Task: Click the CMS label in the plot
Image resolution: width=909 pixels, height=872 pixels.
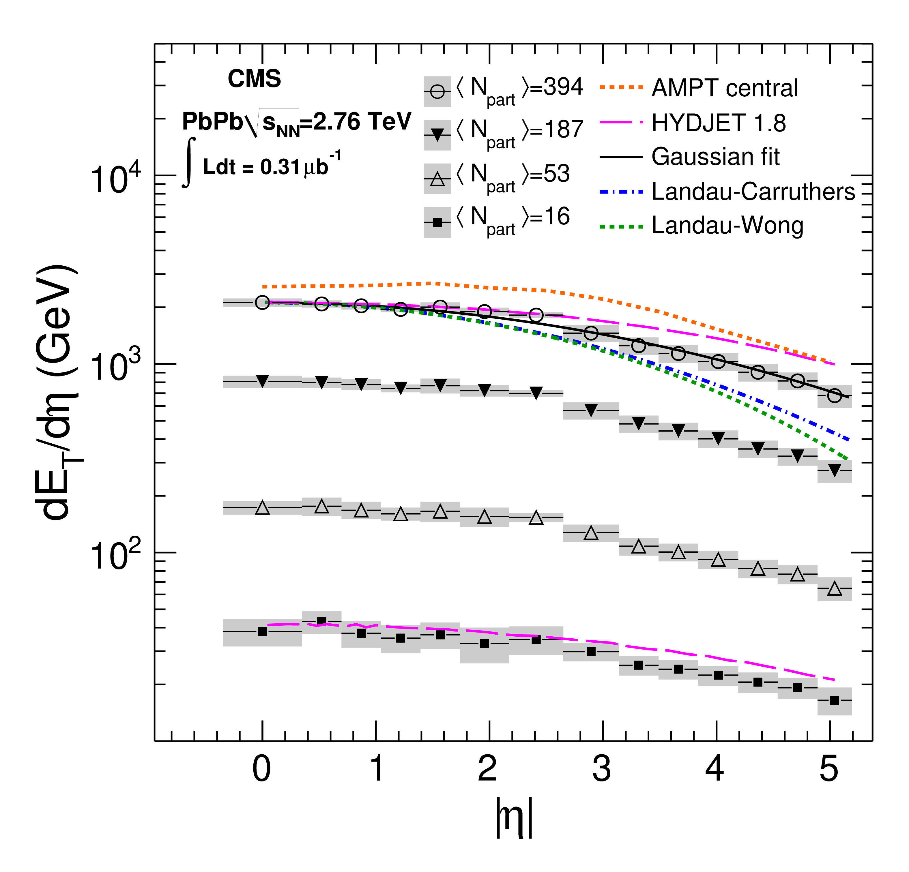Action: pyautogui.click(x=254, y=78)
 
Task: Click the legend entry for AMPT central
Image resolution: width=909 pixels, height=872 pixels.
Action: pyautogui.click(x=724, y=88)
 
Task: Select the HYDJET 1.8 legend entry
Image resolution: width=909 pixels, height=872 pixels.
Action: pyautogui.click(x=718, y=123)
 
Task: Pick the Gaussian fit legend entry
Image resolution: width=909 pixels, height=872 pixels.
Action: pyautogui.click(x=715, y=157)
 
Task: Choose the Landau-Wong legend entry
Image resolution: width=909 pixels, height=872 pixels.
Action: pyautogui.click(x=727, y=226)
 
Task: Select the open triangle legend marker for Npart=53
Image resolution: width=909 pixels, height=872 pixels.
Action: pyautogui.click(x=437, y=179)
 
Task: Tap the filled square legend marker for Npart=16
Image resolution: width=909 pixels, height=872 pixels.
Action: pyautogui.click(x=437, y=222)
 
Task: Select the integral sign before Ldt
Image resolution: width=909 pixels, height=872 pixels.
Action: pyautogui.click(x=188, y=162)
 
